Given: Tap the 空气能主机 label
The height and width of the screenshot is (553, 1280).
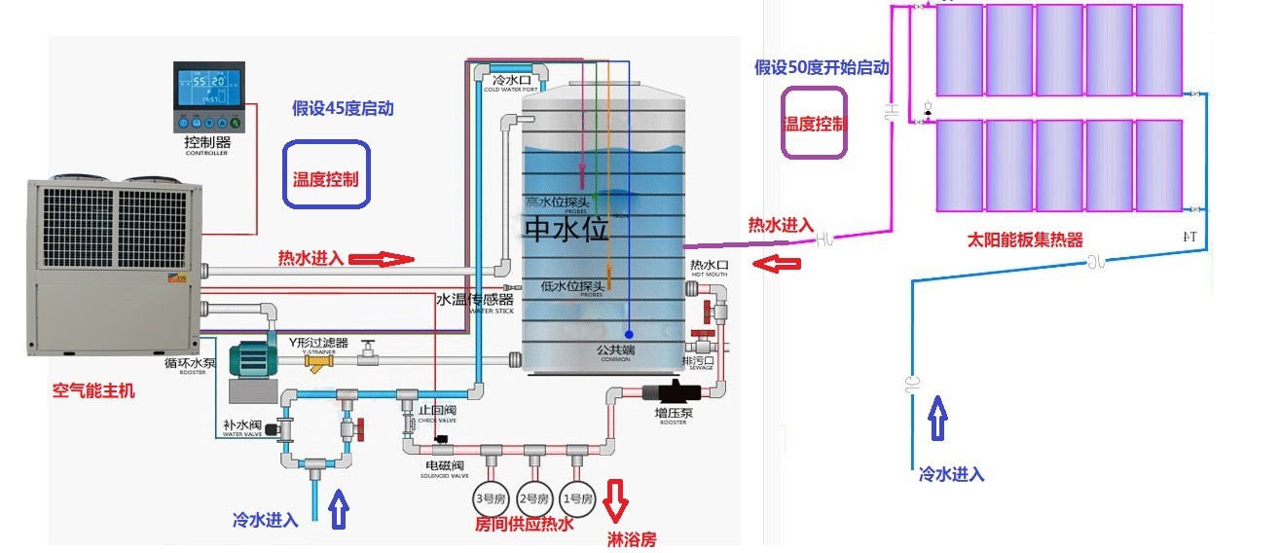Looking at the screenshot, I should point(93,391).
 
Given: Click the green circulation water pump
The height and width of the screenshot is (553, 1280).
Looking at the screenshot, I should point(256,361).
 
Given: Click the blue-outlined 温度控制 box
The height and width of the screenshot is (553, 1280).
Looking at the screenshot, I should point(326,174).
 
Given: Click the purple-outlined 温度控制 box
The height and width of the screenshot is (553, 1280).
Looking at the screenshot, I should point(816,123).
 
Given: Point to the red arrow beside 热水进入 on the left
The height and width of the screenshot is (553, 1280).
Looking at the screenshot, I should point(382,259).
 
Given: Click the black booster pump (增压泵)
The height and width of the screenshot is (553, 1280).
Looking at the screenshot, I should point(668,394).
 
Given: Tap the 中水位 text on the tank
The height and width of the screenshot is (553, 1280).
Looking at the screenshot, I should point(566,230).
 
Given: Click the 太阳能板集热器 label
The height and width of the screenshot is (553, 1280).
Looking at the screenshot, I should point(1024,239).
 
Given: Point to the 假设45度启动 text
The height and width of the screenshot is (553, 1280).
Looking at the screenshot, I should point(343,108).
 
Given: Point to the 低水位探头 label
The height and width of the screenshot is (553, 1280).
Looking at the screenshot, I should point(573,286).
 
